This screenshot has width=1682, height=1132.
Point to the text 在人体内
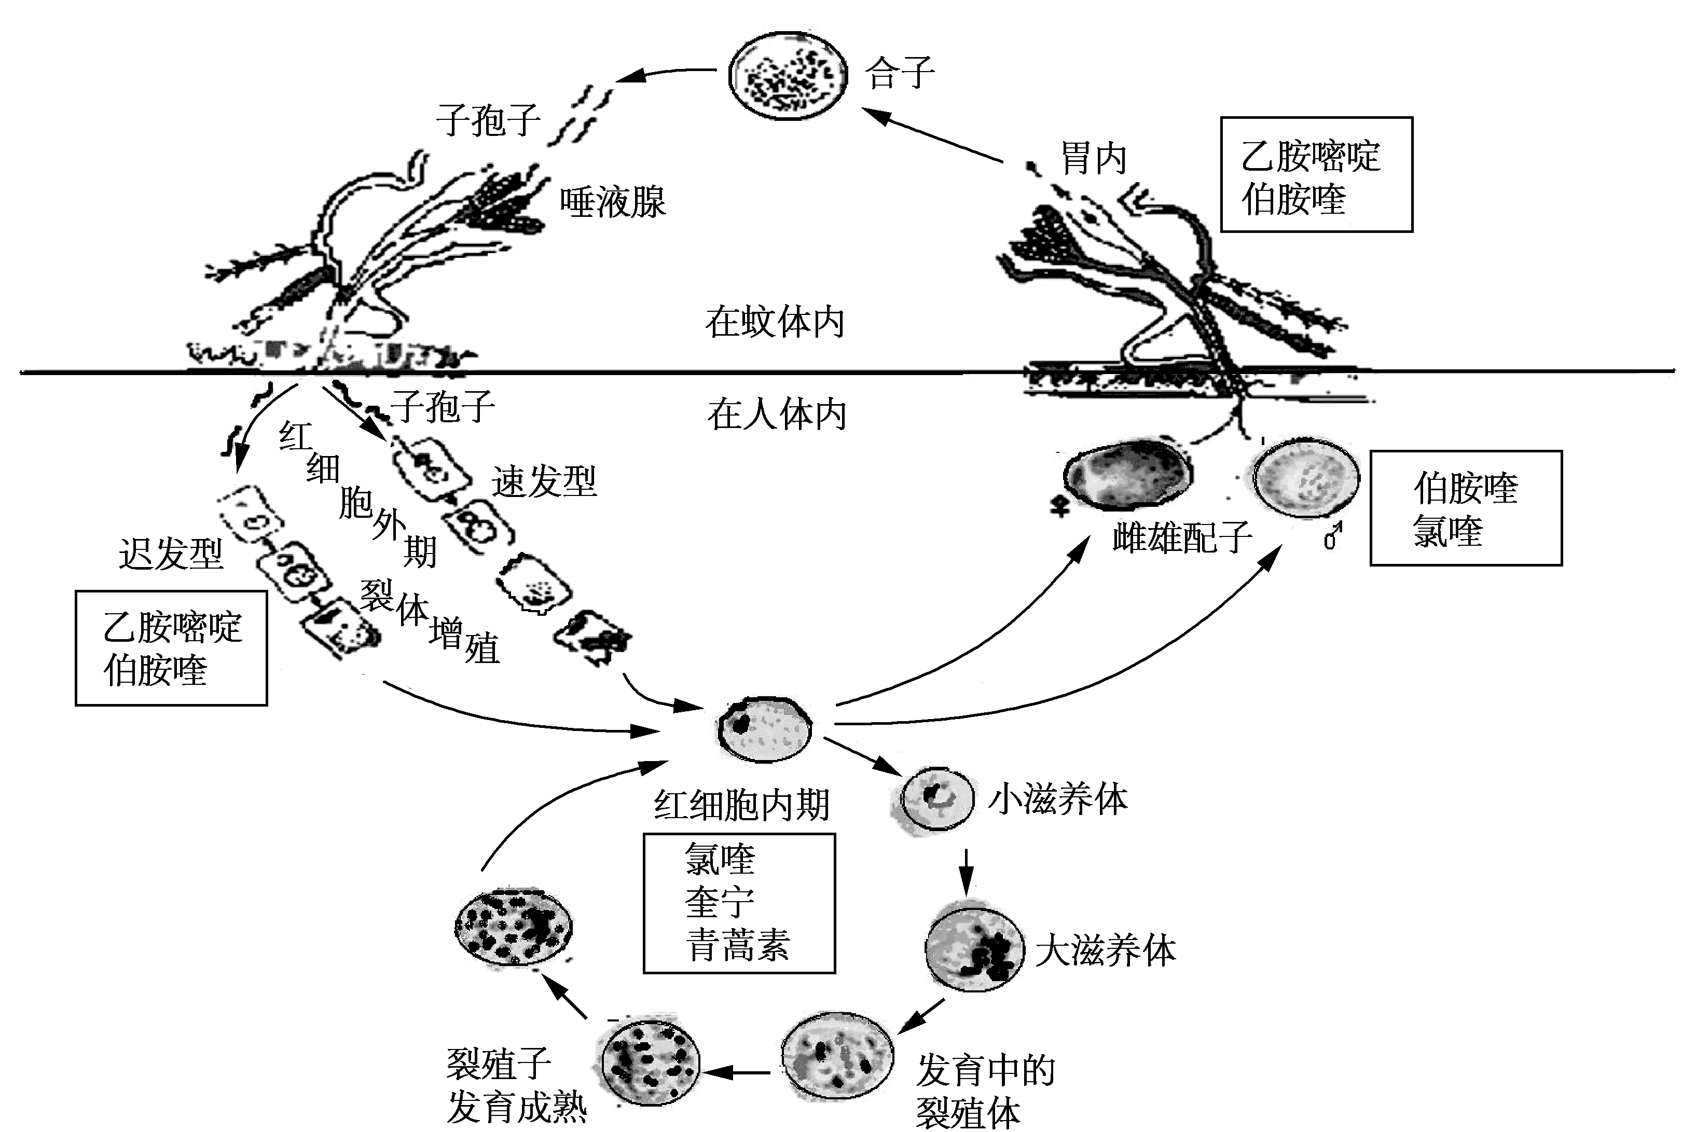[x=777, y=415]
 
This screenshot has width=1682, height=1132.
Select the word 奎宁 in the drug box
[x=720, y=902]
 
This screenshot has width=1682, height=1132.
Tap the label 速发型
[x=544, y=481]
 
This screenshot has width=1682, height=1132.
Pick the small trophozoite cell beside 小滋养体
[x=937, y=798]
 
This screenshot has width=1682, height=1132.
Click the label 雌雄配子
[x=1182, y=538]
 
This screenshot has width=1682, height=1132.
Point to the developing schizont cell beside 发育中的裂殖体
[x=837, y=1058]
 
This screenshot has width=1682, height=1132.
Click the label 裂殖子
[x=499, y=1064]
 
